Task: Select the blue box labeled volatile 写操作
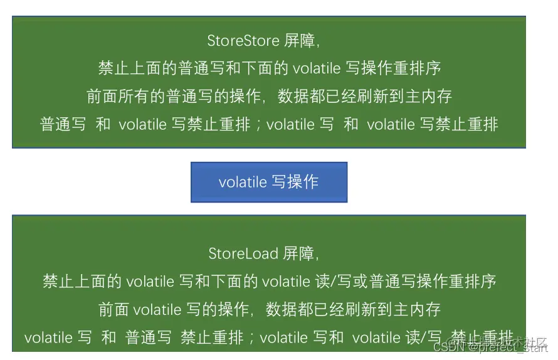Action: coord(269,182)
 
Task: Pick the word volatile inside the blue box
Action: coord(243,182)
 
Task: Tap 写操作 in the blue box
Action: coord(295,182)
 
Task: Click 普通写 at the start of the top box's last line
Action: coord(63,124)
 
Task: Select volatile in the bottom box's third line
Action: coord(157,309)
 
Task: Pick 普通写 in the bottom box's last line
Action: coord(149,337)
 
